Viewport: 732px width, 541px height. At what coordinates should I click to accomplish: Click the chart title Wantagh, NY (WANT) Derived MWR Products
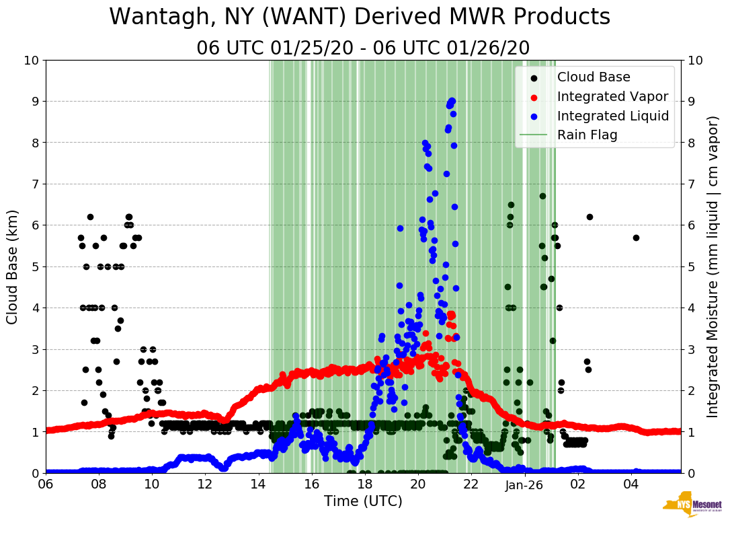click(360, 17)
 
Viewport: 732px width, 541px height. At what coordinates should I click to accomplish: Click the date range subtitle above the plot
click(363, 48)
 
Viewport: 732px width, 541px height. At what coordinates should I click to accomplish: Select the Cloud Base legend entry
click(594, 77)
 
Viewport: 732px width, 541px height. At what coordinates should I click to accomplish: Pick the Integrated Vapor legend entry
click(612, 96)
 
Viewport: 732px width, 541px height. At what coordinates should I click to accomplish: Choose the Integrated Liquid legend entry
click(613, 116)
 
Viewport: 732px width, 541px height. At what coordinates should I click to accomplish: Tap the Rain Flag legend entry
click(587, 135)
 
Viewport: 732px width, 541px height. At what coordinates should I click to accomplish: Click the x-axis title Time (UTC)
click(363, 501)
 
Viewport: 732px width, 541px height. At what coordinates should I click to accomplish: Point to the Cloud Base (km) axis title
click(13, 266)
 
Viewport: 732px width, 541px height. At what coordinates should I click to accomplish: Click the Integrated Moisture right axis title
click(713, 266)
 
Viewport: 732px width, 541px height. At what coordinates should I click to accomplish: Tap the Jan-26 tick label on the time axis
click(524, 484)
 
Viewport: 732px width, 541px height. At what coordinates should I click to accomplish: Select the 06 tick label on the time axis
click(46, 484)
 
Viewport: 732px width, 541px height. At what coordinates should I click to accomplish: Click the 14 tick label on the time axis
click(258, 484)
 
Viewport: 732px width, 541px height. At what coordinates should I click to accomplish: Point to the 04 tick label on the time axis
click(631, 484)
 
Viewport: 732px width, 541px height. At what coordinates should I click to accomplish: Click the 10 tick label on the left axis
click(32, 61)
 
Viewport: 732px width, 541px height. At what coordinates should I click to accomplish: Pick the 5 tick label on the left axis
click(35, 266)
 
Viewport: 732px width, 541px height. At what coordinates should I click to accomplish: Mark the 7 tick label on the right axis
click(690, 184)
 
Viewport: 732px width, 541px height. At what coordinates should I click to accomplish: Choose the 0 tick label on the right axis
click(690, 473)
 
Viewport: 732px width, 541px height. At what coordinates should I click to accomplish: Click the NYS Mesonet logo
click(692, 506)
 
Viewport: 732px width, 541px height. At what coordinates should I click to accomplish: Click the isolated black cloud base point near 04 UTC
click(636, 238)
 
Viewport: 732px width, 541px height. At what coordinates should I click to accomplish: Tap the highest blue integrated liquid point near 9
click(452, 101)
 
